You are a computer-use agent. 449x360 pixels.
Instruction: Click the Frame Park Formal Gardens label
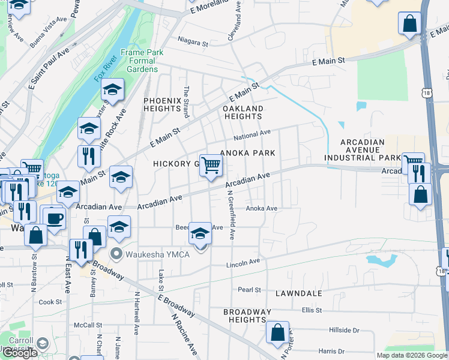click(142, 61)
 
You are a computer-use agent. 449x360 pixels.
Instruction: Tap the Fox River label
click(104, 76)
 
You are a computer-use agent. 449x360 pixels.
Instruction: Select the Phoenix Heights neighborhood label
click(162, 104)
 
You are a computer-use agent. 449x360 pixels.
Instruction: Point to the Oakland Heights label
click(243, 112)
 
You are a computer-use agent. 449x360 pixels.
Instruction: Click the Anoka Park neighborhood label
click(247, 153)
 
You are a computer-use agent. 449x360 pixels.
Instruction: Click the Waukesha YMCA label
click(157, 254)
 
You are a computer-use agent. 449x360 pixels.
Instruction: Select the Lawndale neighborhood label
click(299, 294)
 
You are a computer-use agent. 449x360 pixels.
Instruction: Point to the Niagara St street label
click(193, 43)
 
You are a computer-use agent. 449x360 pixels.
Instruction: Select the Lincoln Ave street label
click(243, 263)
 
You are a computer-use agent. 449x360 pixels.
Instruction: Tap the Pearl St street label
click(249, 289)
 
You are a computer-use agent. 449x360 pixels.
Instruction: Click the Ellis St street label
click(312, 310)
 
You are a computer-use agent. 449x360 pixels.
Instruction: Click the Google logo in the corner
click(19, 353)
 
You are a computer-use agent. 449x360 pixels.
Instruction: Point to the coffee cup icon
click(53, 218)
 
